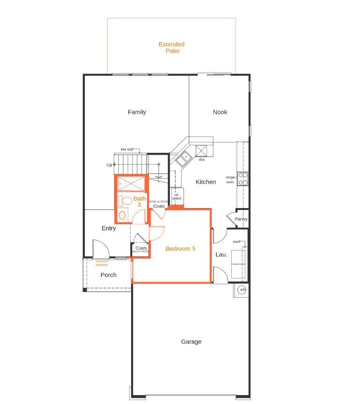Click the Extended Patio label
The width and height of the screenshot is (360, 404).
171,47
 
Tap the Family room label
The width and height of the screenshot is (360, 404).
137,112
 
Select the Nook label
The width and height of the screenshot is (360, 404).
220,112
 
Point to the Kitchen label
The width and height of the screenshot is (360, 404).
206,182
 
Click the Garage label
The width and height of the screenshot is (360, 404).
191,342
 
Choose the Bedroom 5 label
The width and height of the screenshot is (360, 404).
181,249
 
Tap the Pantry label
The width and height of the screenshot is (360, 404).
241,219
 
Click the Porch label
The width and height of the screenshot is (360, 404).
109,275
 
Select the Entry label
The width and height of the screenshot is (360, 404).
109,228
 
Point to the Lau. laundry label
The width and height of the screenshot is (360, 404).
221,255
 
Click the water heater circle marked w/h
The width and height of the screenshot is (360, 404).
242,290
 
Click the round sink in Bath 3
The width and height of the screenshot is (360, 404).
123,216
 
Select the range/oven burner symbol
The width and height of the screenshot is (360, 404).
243,179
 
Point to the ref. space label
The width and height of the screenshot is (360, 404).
176,196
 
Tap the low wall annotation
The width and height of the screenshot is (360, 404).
127,150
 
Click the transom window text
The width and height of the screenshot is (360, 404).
102,263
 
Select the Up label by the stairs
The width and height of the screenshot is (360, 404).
109,165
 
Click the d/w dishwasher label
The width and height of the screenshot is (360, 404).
202,160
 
